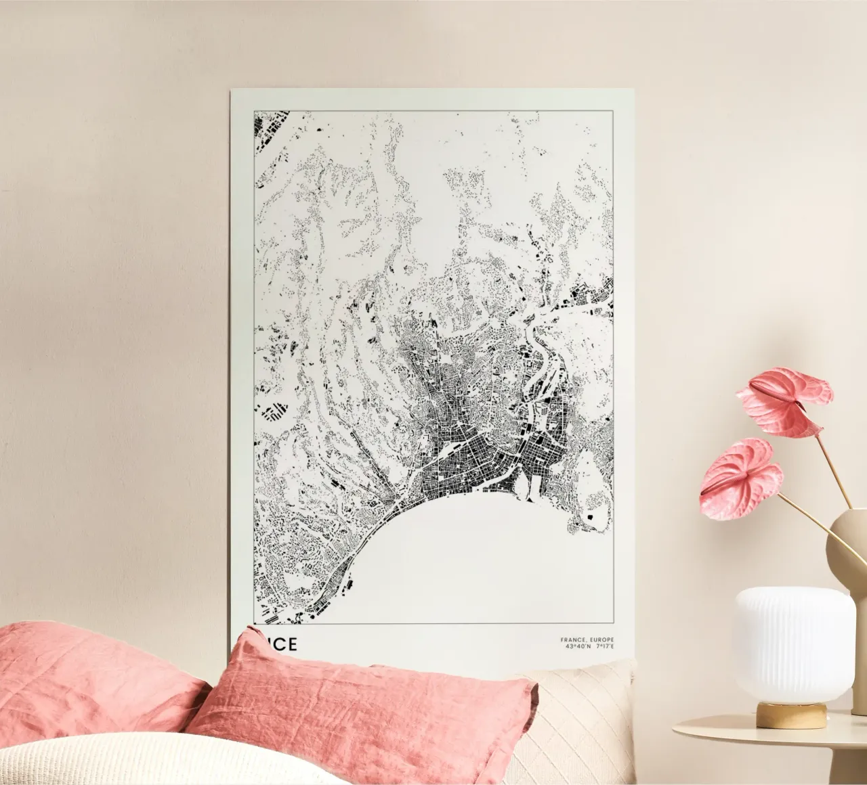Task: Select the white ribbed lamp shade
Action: point(792,643)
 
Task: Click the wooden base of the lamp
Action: point(792,715)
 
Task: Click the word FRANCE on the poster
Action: point(572,640)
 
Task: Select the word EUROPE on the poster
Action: point(601,640)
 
